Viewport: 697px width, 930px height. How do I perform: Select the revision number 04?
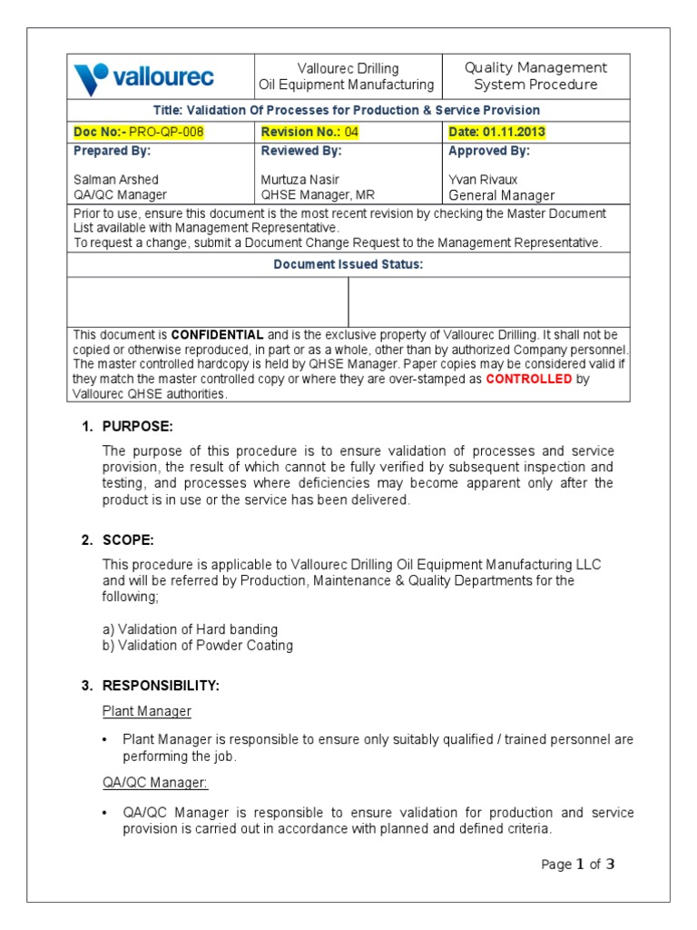click(350, 133)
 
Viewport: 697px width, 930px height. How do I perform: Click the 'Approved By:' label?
click(489, 152)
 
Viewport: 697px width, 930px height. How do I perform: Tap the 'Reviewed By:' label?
click(301, 152)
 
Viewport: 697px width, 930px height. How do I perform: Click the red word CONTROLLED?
click(529, 380)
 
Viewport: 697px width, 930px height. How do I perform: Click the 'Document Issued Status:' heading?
click(348, 265)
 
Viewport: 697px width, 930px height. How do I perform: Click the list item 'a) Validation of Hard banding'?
click(190, 629)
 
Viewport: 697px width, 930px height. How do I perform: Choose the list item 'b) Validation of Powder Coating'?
click(198, 646)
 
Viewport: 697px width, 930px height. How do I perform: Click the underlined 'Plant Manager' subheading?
click(146, 711)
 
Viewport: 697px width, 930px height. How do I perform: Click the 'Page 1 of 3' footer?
click(577, 865)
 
